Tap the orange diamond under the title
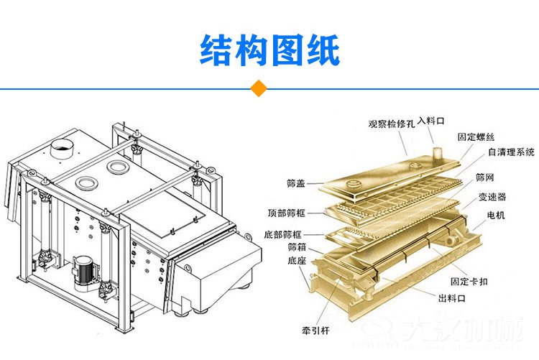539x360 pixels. [x=257, y=89]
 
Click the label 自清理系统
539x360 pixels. [x=511, y=152]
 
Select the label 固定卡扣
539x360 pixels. [x=469, y=281]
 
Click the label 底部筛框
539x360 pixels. [x=283, y=234]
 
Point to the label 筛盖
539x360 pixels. [x=295, y=183]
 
